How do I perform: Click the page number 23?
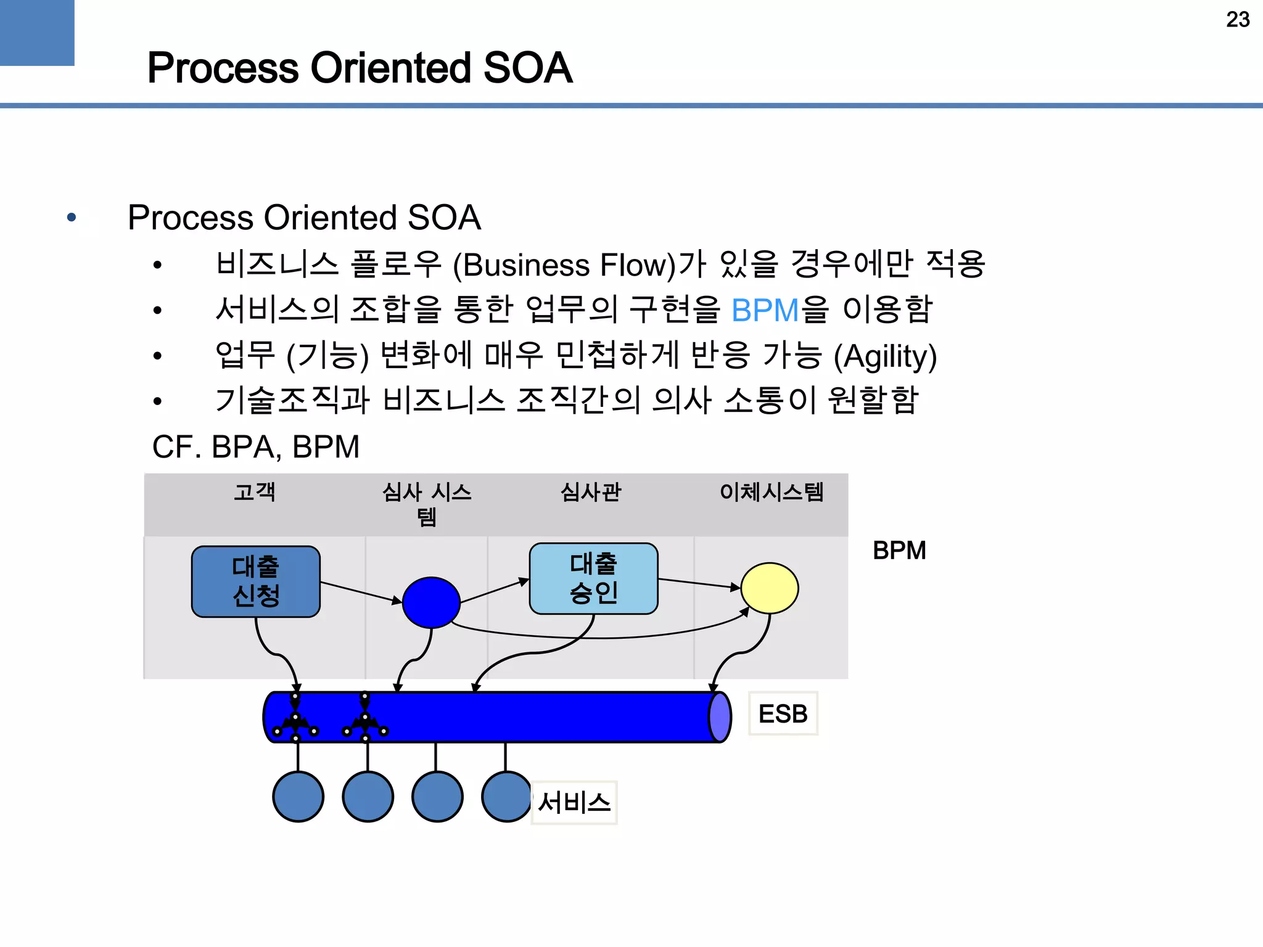1237,20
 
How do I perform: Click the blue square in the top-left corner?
37,32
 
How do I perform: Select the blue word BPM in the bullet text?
765,310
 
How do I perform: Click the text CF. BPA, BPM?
255,447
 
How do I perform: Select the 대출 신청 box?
255,581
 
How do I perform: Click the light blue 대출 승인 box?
593,578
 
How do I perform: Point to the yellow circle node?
769,588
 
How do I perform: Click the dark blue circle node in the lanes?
431,602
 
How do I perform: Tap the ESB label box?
783,713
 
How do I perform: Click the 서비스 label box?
574,803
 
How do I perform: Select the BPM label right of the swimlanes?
899,551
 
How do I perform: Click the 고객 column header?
254,492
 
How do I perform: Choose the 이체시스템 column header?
771,492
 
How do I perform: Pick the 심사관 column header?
590,492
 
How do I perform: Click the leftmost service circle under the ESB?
298,797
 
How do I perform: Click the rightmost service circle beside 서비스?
506,797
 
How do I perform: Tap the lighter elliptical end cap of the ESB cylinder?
719,717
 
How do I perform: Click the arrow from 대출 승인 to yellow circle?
698,583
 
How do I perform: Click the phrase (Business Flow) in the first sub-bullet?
564,266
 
